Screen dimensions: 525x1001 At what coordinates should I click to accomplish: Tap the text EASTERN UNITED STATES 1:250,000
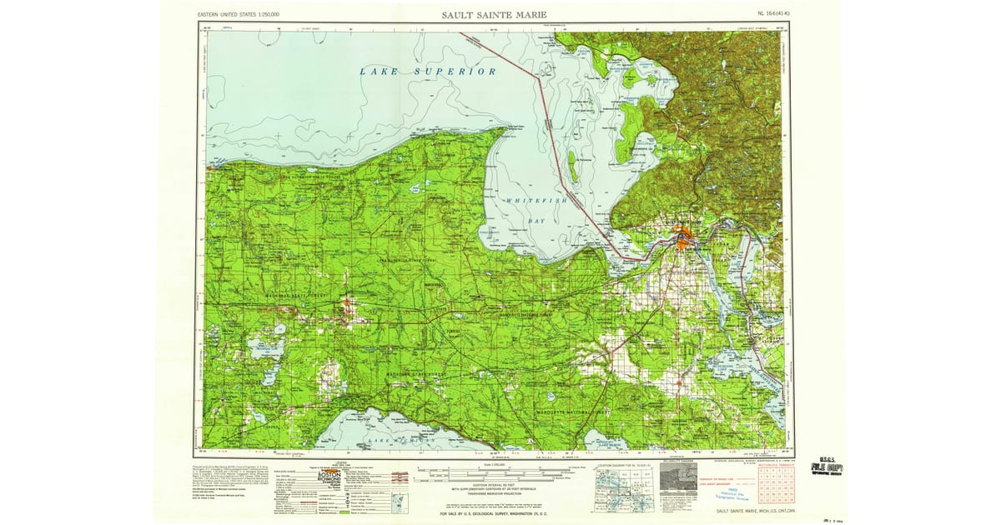tap(238, 15)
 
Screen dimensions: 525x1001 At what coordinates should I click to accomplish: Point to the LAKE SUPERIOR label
tap(428, 72)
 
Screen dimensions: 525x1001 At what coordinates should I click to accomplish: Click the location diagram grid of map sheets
tap(624, 488)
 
